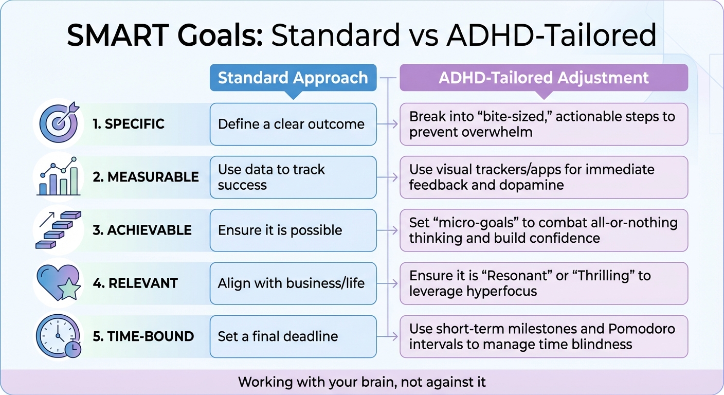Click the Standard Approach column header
click(x=293, y=78)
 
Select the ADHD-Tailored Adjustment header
click(x=544, y=78)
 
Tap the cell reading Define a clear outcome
click(x=293, y=124)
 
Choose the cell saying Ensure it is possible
click(x=293, y=230)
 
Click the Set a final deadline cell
click(x=293, y=336)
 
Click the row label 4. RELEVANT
click(x=136, y=283)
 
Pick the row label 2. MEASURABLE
click(x=146, y=177)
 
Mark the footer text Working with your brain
click(x=362, y=382)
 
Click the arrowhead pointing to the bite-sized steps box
click(x=394, y=124)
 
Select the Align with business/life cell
click(x=293, y=283)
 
